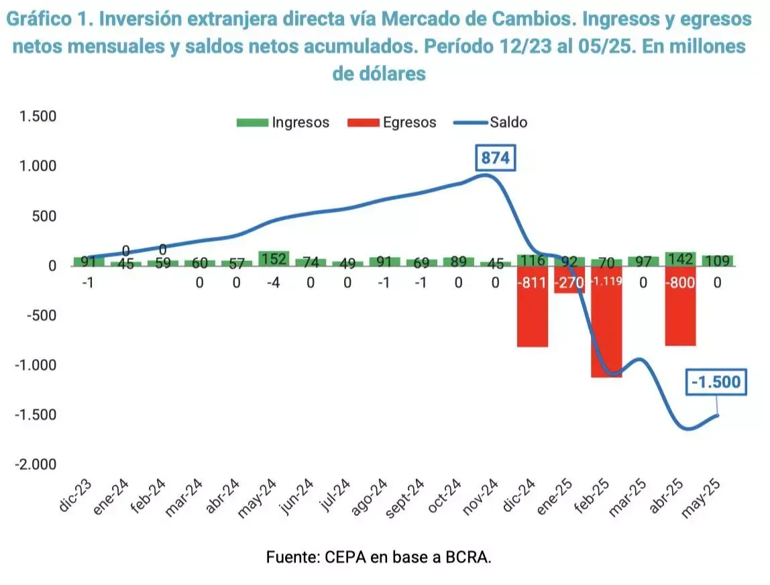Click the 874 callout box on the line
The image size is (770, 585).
496,158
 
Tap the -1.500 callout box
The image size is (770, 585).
716,382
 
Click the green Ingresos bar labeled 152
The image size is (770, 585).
274,258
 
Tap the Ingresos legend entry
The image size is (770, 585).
283,122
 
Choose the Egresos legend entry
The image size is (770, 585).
392,122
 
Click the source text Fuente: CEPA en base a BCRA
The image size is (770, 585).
379,557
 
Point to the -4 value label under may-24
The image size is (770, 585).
274,283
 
